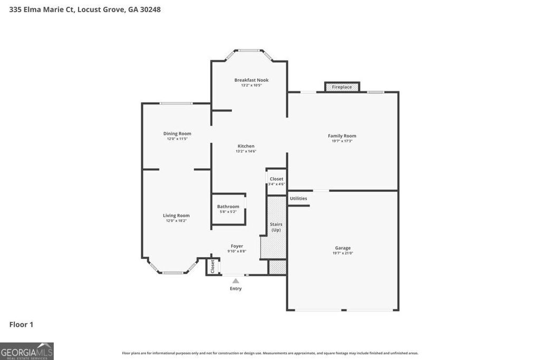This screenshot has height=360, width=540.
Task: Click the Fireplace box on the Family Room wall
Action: tap(342, 87)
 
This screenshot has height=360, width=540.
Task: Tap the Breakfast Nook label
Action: tap(251, 80)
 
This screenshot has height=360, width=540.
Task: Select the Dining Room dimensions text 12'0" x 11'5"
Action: tap(177, 139)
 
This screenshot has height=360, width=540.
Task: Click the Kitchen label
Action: tap(246, 146)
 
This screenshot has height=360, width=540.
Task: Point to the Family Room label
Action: tap(342, 136)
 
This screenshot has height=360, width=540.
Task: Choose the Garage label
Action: tap(343, 248)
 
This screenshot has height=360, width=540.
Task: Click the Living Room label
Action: tap(176, 216)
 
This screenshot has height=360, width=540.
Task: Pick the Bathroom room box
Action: tap(228, 209)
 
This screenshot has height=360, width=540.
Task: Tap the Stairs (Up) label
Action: tap(276, 227)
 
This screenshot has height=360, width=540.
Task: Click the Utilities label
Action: tap(298, 199)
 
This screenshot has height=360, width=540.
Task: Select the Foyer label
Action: tap(237, 246)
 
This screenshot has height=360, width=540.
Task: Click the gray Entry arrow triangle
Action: tap(236, 281)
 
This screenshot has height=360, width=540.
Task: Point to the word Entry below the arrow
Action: tap(236, 288)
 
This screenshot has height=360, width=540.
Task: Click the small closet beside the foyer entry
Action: tap(213, 266)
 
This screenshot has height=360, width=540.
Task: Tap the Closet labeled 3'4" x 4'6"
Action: tap(276, 181)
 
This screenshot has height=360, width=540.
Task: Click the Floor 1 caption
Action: tap(21, 325)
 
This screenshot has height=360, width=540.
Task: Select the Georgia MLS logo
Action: tap(27, 351)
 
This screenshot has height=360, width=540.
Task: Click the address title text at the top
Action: tap(85, 9)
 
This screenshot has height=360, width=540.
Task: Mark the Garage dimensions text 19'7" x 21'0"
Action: tap(343, 253)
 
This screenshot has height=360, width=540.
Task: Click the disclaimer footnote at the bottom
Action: tap(270, 353)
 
